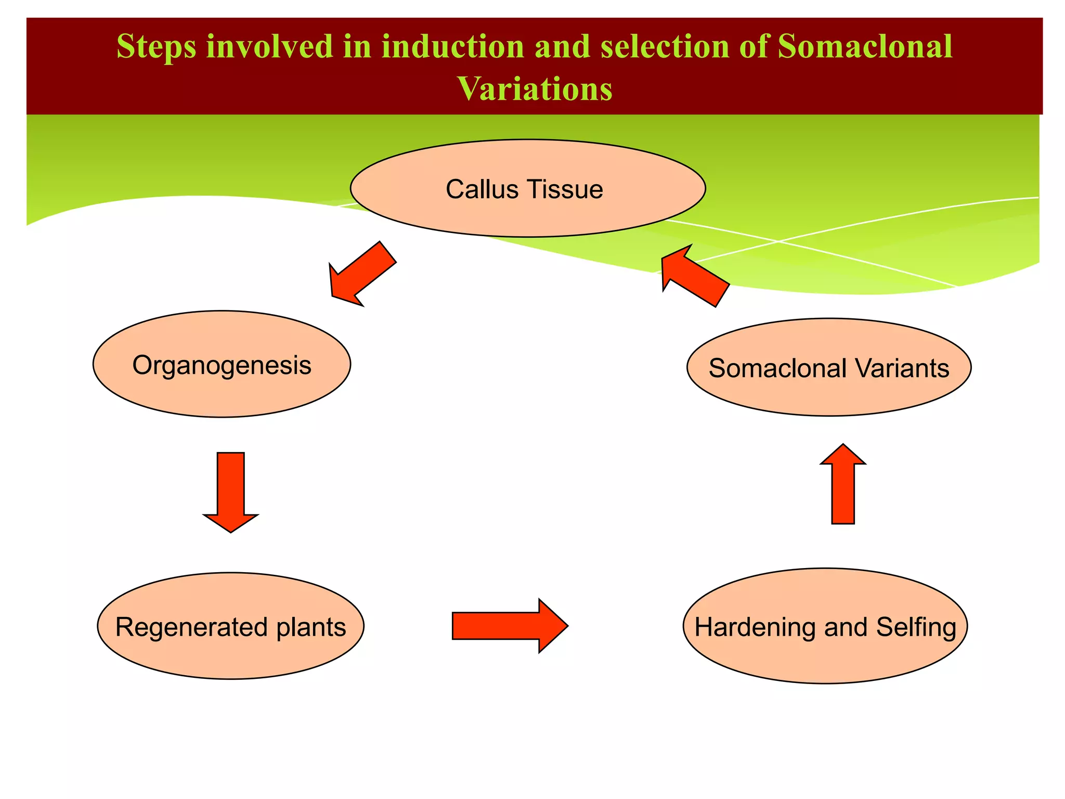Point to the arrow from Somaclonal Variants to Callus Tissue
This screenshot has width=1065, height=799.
[x=694, y=277]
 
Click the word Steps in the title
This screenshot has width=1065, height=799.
[x=156, y=47]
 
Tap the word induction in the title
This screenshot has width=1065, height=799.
[x=453, y=47]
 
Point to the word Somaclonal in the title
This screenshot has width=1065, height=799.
[x=865, y=47]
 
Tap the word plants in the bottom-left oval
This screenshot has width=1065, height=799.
[x=311, y=627]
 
